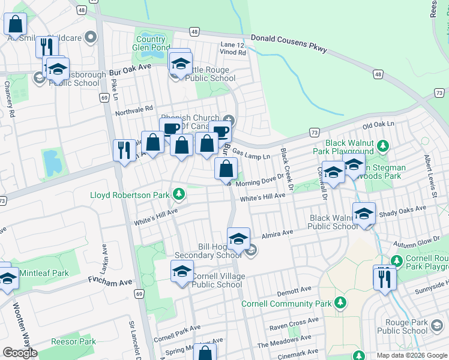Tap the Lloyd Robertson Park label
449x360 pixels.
(130, 195)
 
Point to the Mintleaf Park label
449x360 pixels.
(44, 273)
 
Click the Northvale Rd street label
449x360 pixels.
(134, 109)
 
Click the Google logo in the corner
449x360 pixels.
(19, 353)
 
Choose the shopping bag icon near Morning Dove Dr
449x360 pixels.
(226, 170)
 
